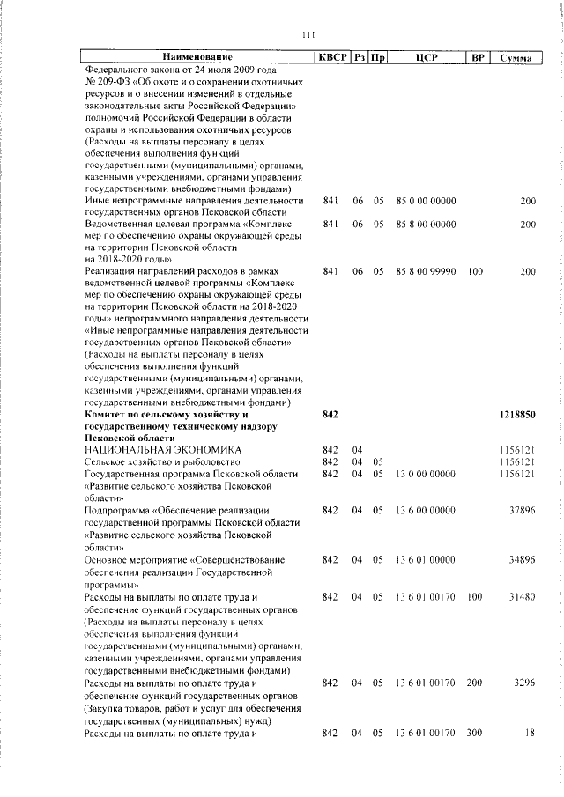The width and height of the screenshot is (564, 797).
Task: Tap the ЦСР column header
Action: (426, 58)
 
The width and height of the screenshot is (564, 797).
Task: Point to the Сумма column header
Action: (514, 58)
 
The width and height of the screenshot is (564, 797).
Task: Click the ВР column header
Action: (477, 58)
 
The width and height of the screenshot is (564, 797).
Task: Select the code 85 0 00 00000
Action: (426, 201)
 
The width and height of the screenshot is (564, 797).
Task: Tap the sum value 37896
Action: (522, 510)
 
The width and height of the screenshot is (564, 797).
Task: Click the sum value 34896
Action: (522, 559)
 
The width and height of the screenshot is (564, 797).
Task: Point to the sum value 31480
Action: (522, 596)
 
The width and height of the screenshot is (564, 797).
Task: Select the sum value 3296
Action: (524, 683)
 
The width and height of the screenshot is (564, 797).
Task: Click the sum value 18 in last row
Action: (530, 733)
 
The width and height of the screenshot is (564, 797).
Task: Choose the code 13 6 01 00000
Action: (426, 559)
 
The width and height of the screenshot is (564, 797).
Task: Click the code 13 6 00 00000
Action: (426, 510)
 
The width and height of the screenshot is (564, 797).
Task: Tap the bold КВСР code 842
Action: (331, 413)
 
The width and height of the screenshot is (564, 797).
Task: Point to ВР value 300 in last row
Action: (476, 733)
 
